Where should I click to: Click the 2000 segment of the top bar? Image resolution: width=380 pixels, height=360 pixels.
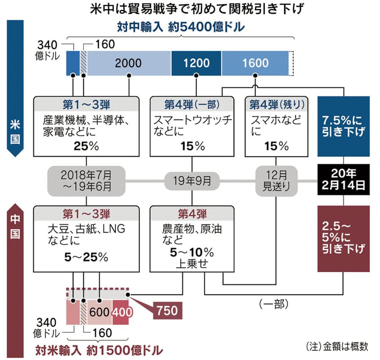[129, 63]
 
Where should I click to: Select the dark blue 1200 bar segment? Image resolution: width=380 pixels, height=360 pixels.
[196, 63]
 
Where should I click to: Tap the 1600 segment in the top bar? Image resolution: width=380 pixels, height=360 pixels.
[255, 63]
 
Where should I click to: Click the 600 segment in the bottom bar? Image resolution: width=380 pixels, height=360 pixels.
[100, 312]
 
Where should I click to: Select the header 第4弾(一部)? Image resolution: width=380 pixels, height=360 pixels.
[192, 103]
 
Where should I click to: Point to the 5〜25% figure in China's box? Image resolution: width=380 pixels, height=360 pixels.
[86, 257]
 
